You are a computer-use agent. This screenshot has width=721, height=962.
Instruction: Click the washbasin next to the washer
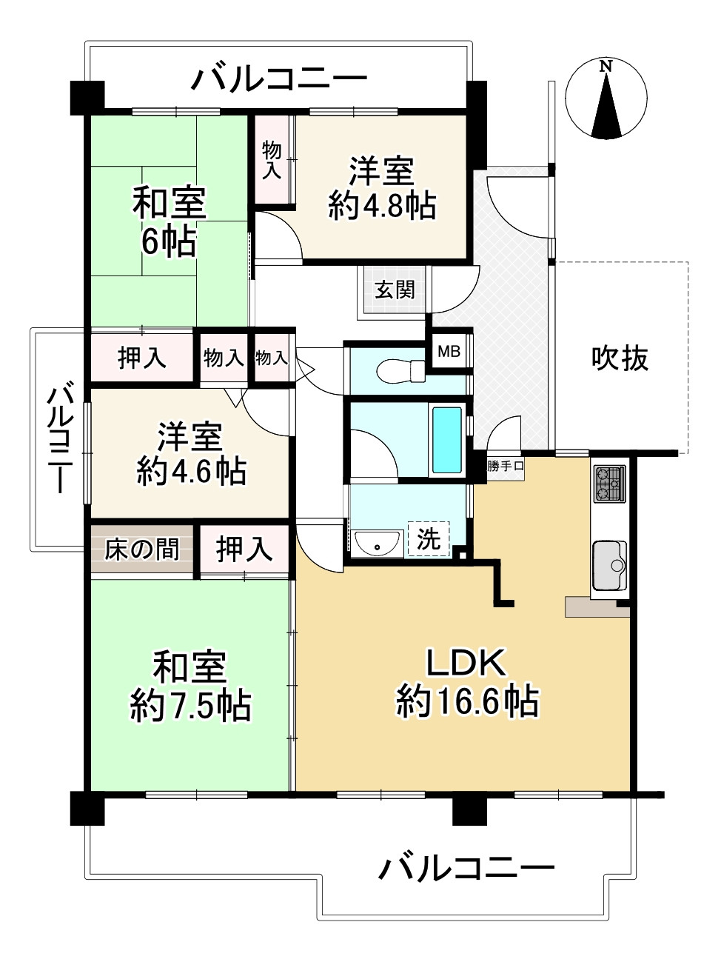pos(376,544)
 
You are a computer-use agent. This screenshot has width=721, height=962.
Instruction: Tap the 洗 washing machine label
pos(429,539)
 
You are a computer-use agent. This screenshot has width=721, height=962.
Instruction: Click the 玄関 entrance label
pos(394,290)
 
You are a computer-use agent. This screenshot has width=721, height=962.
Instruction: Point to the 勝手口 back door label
pos(506,467)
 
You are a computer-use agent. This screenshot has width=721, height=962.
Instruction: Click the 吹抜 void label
pos(620,358)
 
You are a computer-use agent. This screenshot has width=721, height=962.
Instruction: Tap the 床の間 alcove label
pos(141,550)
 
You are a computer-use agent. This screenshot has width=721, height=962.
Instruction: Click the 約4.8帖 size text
pos(381,206)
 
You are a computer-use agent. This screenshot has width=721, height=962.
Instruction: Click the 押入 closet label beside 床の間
pos(244,550)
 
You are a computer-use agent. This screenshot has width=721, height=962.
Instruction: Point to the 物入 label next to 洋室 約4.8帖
pos(272,161)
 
